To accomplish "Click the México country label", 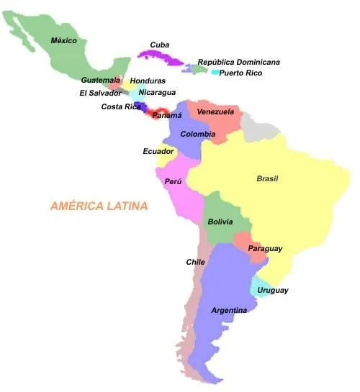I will pos(63,40).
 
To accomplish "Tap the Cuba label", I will pos(160,45).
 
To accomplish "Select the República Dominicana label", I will pos(239,63).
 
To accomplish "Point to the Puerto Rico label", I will pos(240,73).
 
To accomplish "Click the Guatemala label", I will pos(100,80).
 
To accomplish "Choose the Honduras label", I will pos(148,81).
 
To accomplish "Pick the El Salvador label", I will pos(100,93).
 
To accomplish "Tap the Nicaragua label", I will pos(157,92).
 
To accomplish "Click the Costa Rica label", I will pos(120,106).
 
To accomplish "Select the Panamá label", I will pos(166,115).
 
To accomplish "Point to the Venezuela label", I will pos(215,112).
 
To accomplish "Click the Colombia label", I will pos(197,134).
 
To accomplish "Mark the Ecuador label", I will pos(158,151).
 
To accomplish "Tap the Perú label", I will pos(174,182).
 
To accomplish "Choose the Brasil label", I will pos(267,178).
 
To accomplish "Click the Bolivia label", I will pos(220,222).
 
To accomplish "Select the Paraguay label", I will pos(265,248).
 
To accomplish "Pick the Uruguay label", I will pos(273,290).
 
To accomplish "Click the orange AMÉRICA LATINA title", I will pos(99,206).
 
